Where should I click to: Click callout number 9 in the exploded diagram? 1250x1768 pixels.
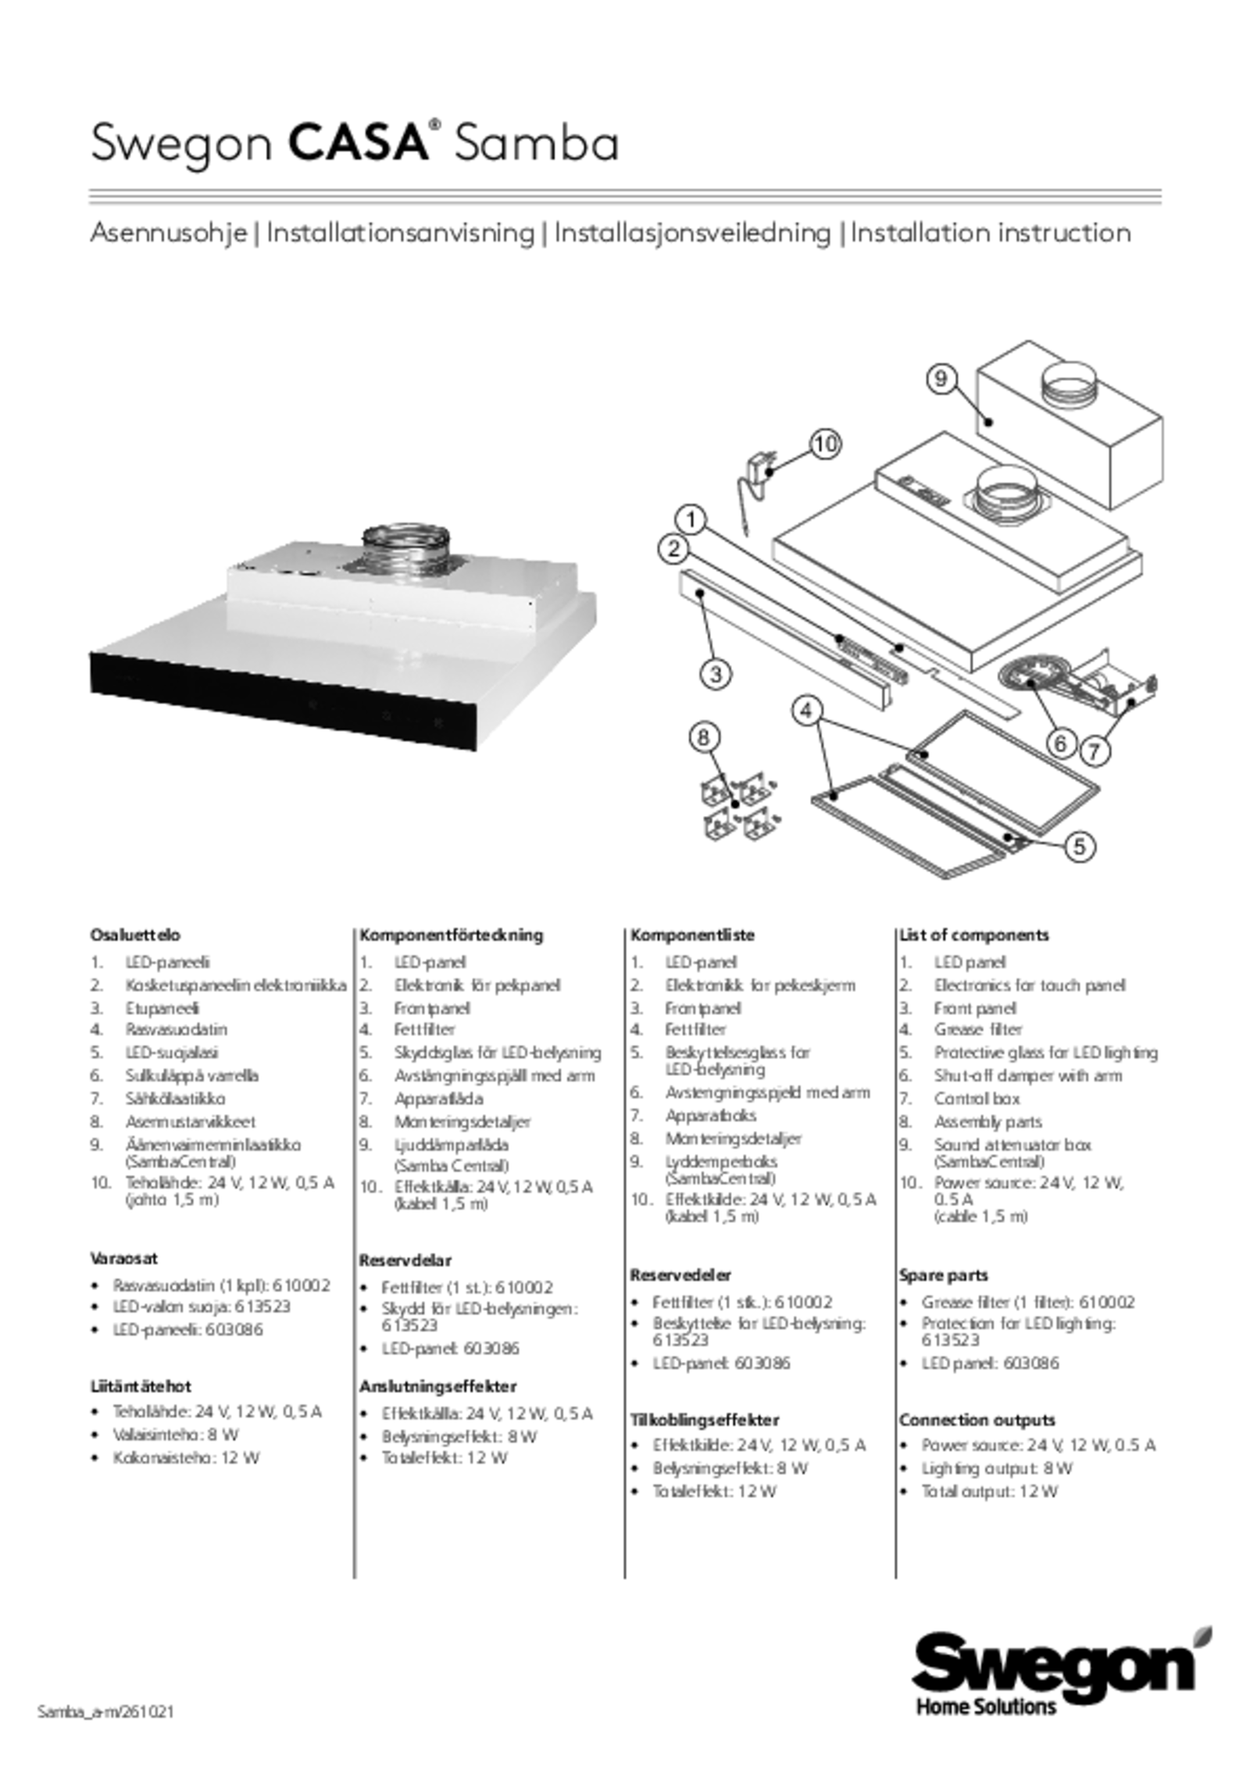(x=941, y=379)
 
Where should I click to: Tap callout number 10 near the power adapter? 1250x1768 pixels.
(x=826, y=444)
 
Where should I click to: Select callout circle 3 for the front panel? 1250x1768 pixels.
(x=715, y=672)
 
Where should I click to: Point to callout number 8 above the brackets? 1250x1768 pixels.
(x=704, y=736)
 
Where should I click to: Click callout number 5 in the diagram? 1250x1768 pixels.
(x=1078, y=846)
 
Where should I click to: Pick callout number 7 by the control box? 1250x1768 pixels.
(x=1095, y=751)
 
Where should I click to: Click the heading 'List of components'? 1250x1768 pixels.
(x=973, y=935)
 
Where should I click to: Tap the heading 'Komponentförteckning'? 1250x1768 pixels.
(x=451, y=935)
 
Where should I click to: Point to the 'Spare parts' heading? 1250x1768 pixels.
(x=943, y=1274)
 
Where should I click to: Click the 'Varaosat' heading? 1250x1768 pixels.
(x=123, y=1258)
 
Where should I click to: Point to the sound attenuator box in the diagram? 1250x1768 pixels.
(x=1070, y=437)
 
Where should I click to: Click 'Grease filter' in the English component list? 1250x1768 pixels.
(x=978, y=1029)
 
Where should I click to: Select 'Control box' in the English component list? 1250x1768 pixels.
(x=977, y=1099)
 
